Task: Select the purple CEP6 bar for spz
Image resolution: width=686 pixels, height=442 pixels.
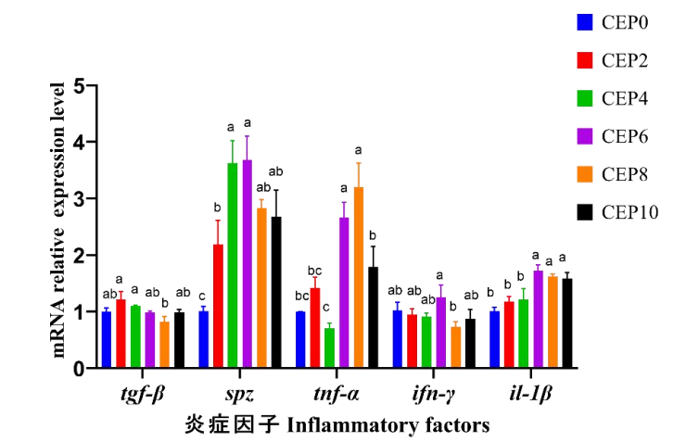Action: click(247, 264)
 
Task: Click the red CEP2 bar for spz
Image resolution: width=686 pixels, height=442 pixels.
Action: click(217, 307)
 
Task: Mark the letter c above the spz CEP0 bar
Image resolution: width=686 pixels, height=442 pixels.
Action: click(202, 296)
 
